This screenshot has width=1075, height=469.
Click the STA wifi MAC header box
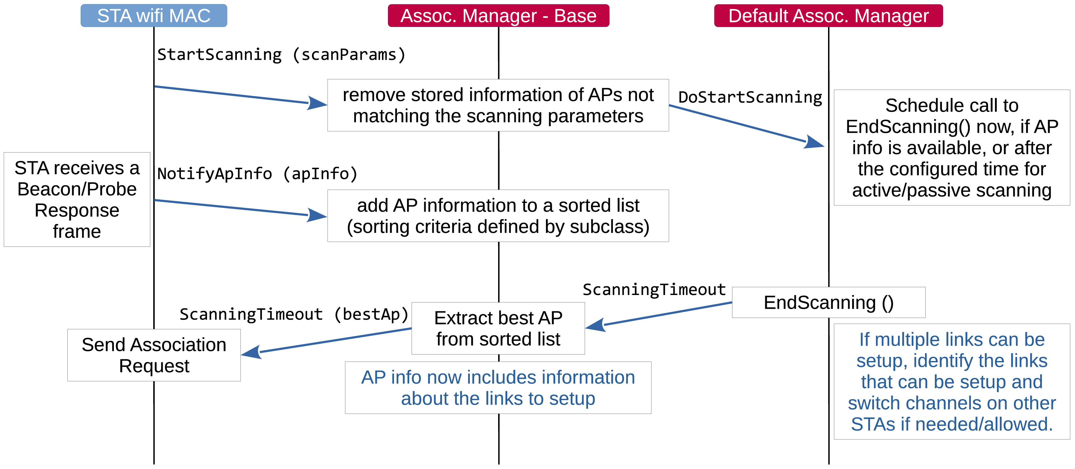pos(154,16)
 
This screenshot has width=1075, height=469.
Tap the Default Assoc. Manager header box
pos(828,16)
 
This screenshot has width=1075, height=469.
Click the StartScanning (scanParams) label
pos(281,55)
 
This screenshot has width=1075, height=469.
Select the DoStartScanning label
pos(750,97)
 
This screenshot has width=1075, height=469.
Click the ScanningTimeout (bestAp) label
pos(293,314)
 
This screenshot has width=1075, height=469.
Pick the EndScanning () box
pos(828,302)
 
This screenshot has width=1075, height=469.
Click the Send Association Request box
pos(154,355)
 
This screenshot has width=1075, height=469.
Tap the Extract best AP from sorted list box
pos(498,328)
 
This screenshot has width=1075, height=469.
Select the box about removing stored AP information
pos(498,105)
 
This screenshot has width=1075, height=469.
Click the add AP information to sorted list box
pos(498,216)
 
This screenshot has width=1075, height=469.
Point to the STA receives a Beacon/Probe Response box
pos(77,199)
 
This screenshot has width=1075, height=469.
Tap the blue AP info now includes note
pos(498,388)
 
